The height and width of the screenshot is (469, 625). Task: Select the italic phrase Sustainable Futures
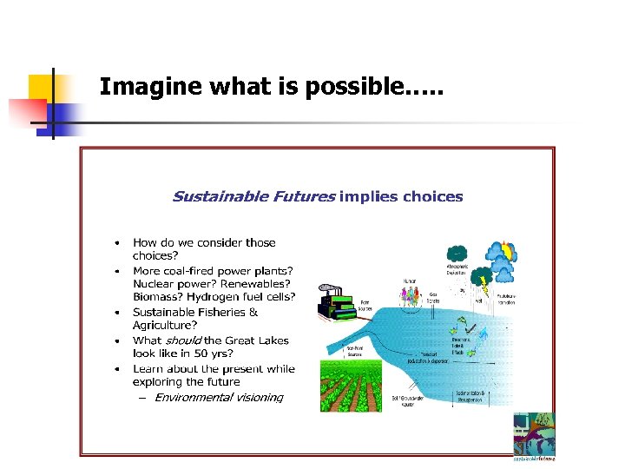[x=253, y=196]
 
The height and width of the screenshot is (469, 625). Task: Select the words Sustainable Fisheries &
[x=195, y=312]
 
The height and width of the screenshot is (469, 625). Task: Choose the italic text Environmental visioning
[x=219, y=398]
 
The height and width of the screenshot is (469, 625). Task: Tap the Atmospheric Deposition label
[x=457, y=270]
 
